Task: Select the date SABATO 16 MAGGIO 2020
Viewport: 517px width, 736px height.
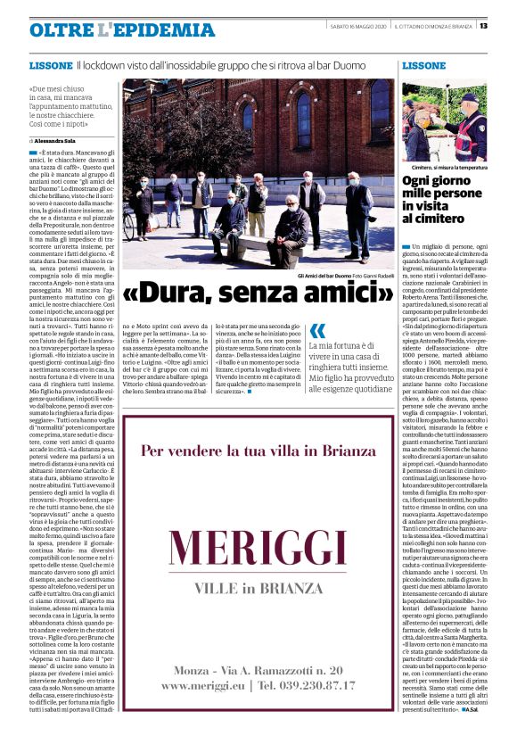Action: click(357, 26)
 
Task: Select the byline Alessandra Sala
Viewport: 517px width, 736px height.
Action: click(55, 141)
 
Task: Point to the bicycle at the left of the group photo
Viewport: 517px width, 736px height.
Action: click(131, 222)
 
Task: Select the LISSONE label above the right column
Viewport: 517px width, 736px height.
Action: click(423, 66)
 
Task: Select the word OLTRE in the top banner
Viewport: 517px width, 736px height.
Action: click(62, 30)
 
